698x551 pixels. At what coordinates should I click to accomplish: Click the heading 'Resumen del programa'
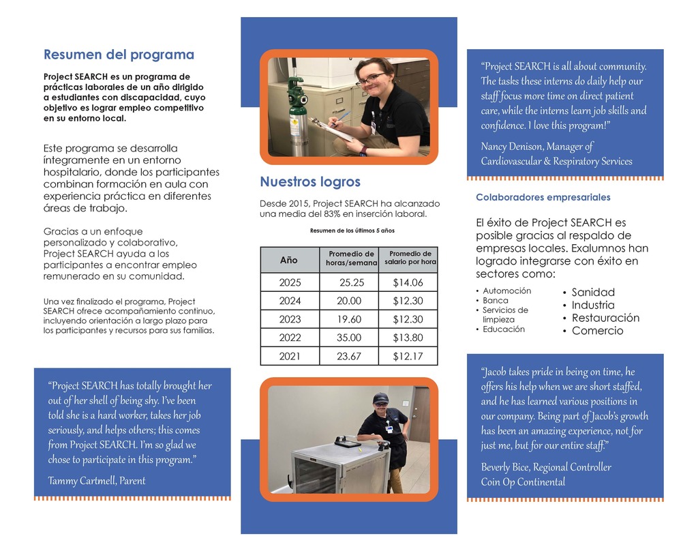pyautogui.click(x=119, y=55)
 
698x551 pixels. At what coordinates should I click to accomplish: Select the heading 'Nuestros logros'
pyautogui.click(x=310, y=182)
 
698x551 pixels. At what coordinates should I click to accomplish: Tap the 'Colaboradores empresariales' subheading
pyautogui.click(x=543, y=198)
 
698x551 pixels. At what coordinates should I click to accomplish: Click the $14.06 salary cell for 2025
pyautogui.click(x=408, y=283)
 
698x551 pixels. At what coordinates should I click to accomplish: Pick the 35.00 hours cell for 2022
pyautogui.click(x=349, y=338)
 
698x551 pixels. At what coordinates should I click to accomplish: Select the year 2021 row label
pyautogui.click(x=290, y=356)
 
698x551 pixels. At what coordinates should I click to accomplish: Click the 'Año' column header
pyautogui.click(x=289, y=260)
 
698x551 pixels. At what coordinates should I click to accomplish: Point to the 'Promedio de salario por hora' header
pyautogui.click(x=409, y=258)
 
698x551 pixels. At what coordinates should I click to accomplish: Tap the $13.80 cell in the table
pyautogui.click(x=408, y=338)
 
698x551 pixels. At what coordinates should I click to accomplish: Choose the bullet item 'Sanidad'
pyautogui.click(x=592, y=292)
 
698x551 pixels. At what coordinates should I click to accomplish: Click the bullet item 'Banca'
pyautogui.click(x=495, y=301)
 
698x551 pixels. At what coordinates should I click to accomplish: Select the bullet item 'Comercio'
pyautogui.click(x=597, y=331)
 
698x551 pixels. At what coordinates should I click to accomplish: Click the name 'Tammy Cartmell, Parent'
pyautogui.click(x=97, y=481)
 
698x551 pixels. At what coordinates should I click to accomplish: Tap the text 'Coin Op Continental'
pyautogui.click(x=523, y=482)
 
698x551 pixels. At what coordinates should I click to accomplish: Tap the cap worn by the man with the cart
pyautogui.click(x=380, y=398)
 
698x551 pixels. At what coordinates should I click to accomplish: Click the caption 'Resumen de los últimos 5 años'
pyautogui.click(x=352, y=231)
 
